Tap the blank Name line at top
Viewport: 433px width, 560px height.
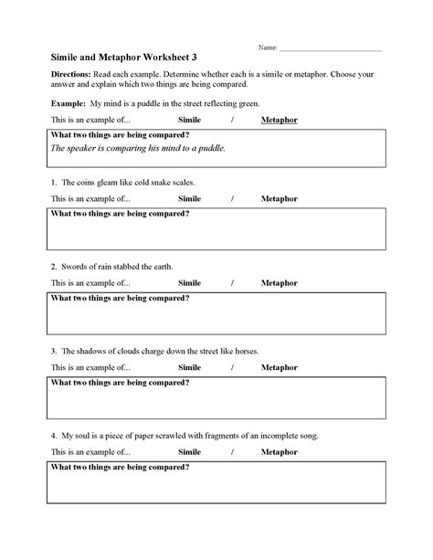click(330, 48)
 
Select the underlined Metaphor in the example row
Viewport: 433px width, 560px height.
click(279, 121)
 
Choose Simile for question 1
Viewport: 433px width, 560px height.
click(189, 197)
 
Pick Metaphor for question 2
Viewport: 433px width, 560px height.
click(279, 282)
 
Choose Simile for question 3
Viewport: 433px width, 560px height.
click(189, 367)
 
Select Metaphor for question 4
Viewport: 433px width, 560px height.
click(279, 452)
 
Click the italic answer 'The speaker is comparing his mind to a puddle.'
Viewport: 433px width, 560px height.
click(138, 148)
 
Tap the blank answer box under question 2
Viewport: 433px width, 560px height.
click(216, 319)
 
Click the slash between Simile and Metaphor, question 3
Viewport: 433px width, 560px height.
click(233, 367)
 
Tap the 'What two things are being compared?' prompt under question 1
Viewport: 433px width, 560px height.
click(120, 214)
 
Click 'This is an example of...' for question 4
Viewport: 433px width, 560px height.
click(90, 452)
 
